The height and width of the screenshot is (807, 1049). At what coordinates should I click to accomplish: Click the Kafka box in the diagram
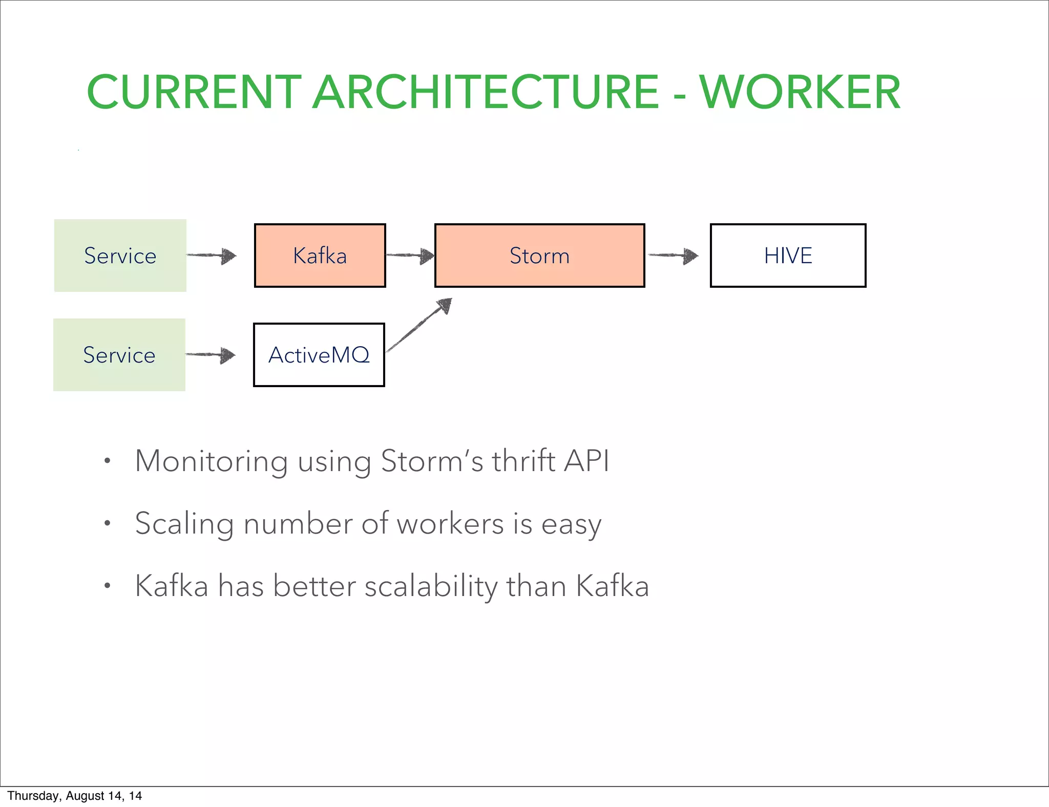point(320,256)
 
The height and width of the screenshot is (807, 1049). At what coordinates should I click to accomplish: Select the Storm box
point(539,256)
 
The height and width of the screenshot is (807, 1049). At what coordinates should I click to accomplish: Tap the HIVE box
point(788,256)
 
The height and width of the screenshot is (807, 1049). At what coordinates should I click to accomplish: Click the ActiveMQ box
point(319,355)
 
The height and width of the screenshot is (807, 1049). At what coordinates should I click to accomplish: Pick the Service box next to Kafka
point(120,256)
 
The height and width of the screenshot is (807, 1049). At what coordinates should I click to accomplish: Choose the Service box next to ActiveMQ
point(119,355)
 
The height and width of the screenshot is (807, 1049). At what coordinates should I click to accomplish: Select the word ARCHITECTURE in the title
point(485,93)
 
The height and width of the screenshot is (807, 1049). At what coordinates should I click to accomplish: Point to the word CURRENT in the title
point(194,93)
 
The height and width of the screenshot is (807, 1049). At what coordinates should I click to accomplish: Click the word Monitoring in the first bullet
point(211,461)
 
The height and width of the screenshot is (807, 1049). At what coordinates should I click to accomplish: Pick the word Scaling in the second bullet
point(184,524)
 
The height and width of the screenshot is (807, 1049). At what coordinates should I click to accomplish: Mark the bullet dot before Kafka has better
point(107,586)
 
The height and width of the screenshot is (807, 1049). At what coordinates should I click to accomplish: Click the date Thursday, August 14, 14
point(74,796)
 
